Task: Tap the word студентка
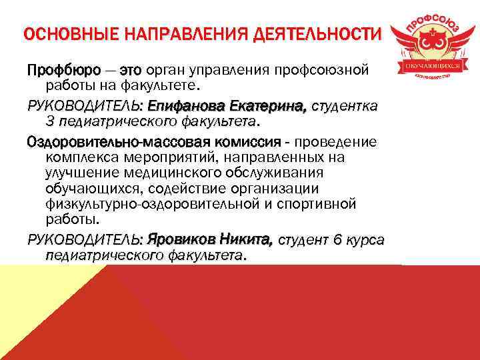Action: [x=345, y=106]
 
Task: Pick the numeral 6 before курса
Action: [x=338, y=239]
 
